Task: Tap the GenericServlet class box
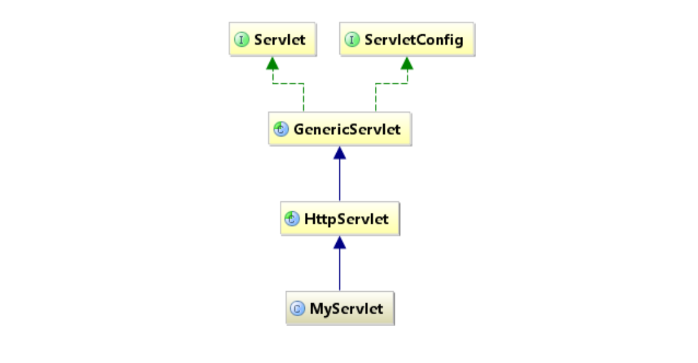[x=339, y=129]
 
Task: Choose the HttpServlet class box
[x=339, y=219]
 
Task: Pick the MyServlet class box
[x=340, y=309]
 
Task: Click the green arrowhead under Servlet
[x=272, y=62]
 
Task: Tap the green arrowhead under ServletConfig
[x=407, y=62]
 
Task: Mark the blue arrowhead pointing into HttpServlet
[x=339, y=242]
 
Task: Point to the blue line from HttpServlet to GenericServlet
[x=339, y=181]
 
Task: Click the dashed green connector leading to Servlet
[x=289, y=83]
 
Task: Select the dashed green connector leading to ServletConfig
[x=391, y=83]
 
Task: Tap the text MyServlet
[x=346, y=309]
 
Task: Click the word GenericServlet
[x=347, y=129]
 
